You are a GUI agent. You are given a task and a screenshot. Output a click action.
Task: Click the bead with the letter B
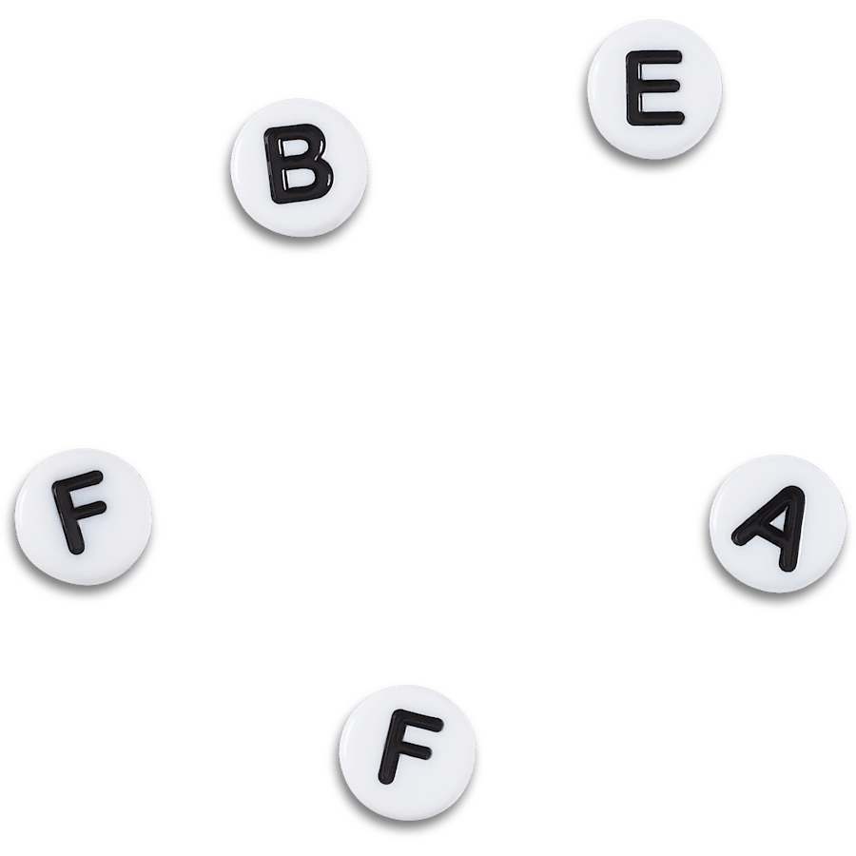click(x=299, y=167)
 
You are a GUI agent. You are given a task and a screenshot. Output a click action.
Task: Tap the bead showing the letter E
click(x=654, y=89)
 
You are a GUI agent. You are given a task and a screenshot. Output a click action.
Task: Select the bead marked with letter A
click(x=777, y=524)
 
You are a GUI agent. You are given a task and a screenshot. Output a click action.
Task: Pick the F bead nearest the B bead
click(x=84, y=516)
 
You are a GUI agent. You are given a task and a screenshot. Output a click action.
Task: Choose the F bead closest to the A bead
click(x=407, y=753)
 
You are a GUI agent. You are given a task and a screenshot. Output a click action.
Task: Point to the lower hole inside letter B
click(x=300, y=179)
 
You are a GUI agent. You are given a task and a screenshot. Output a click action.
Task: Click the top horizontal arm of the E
click(x=654, y=56)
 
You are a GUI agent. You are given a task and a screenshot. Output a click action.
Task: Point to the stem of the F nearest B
click(x=68, y=518)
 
